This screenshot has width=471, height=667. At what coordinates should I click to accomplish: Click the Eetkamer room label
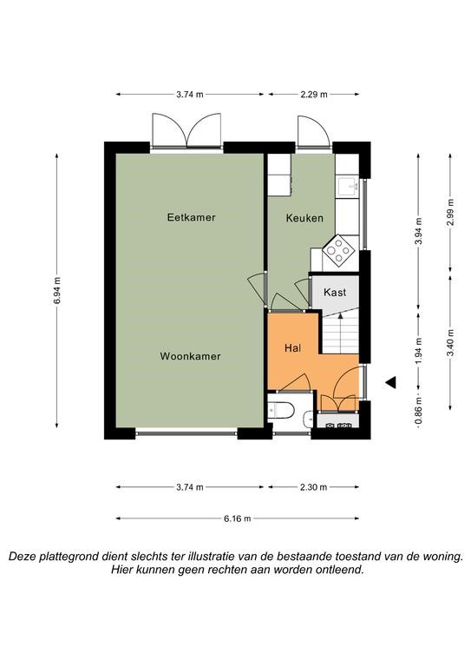coord(191,217)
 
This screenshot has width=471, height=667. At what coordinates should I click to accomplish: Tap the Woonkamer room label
coord(190,356)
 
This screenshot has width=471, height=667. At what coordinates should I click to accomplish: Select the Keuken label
coord(304,218)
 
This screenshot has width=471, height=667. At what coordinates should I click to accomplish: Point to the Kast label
coord(335,292)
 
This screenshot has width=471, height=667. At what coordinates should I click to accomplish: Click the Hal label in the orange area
coord(293,348)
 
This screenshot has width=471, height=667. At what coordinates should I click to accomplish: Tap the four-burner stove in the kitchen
coord(338,251)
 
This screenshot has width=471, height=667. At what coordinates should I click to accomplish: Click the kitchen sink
coord(349,187)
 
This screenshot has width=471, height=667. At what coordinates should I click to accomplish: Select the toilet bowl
coord(281,411)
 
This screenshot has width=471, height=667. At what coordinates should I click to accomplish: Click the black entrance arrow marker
coord(390,382)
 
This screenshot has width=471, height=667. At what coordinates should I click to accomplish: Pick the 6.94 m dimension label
coord(57,291)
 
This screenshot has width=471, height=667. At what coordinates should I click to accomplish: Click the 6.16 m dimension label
coord(238,518)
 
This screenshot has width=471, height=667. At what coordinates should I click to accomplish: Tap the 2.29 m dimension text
coord(314,95)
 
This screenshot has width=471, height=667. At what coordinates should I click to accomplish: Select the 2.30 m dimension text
coord(313,487)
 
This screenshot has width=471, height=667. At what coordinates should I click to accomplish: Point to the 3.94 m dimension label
coord(419,231)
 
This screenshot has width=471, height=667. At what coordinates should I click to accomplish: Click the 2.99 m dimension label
coord(450,212)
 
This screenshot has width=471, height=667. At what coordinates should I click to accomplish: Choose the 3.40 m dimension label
coord(450,343)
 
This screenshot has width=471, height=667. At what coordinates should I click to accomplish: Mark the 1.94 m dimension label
coord(419,351)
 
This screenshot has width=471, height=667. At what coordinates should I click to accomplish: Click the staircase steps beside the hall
coord(341,333)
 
